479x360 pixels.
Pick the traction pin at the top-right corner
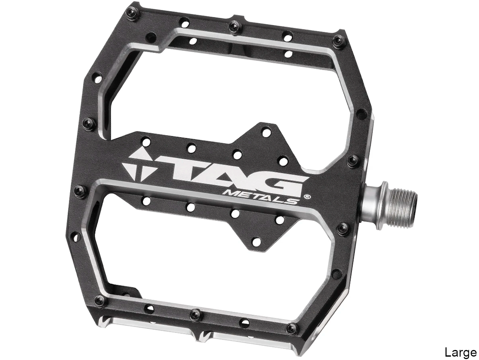tap(338, 41)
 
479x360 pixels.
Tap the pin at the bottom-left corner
tap(99, 300)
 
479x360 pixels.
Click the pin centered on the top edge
tap(233, 27)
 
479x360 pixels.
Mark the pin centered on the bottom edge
tap(195, 314)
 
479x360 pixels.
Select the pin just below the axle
tap(342, 229)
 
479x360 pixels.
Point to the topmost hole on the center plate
tap(266, 133)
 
